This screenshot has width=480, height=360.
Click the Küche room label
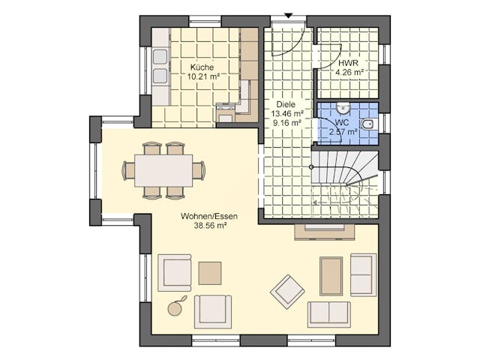click(x=202, y=67)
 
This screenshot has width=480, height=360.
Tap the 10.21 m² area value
click(x=203, y=76)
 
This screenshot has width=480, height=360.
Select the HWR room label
click(x=348, y=63)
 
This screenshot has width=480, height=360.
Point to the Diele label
click(x=286, y=104)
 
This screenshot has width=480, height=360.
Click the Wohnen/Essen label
click(x=209, y=216)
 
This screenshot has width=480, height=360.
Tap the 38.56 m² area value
click(x=210, y=226)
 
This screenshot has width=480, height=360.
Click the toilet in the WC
click(x=368, y=124)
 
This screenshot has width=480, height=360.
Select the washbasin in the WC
click(x=343, y=107)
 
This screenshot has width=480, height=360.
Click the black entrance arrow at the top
click(x=288, y=16)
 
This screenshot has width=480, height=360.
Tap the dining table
click(x=163, y=170)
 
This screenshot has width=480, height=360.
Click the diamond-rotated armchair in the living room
click(x=287, y=292)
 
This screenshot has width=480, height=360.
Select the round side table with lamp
click(x=175, y=308)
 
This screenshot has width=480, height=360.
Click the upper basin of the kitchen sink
click(x=160, y=57)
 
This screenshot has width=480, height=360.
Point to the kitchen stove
click(x=226, y=113)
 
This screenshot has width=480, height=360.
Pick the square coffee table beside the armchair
click(x=210, y=273)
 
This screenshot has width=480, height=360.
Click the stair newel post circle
click(x=311, y=167)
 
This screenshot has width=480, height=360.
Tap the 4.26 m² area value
click(x=349, y=72)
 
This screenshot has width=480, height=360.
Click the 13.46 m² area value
click(x=287, y=113)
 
